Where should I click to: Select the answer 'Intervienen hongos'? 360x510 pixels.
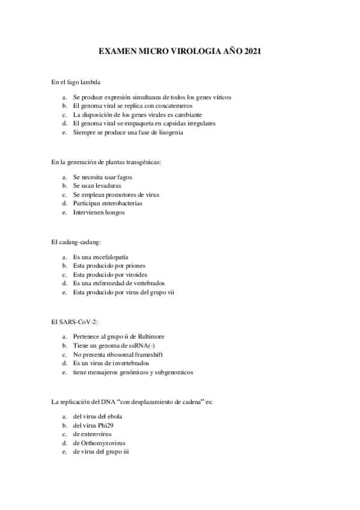(x=99, y=213)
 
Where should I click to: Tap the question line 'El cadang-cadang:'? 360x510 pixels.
(x=76, y=242)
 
